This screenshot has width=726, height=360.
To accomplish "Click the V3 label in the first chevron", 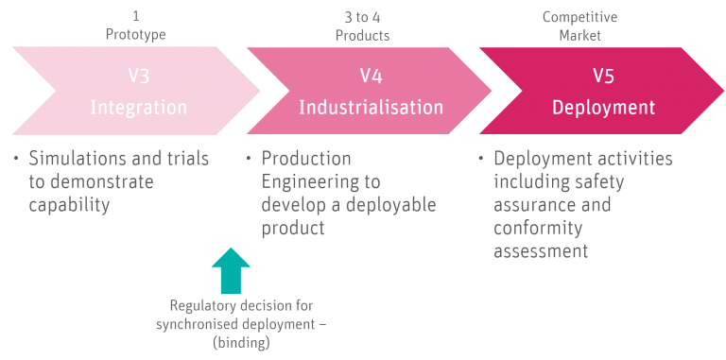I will pyautogui.click(x=138, y=76).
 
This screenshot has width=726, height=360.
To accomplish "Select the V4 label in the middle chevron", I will pyautogui.click(x=370, y=76).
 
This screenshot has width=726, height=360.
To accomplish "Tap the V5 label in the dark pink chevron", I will pyautogui.click(x=604, y=76).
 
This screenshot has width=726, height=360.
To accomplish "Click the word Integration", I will pyautogui.click(x=138, y=107).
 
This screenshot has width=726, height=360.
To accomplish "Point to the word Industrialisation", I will pyautogui.click(x=371, y=107).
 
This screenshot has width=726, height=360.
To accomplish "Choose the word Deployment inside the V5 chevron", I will pyautogui.click(x=604, y=107).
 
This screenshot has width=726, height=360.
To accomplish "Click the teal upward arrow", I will pyautogui.click(x=231, y=270).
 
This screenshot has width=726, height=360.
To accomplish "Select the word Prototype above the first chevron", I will pyautogui.click(x=136, y=34).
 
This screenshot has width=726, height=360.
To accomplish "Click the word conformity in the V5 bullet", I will pyautogui.click(x=538, y=227).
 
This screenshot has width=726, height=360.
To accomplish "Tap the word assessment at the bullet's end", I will pyautogui.click(x=541, y=250).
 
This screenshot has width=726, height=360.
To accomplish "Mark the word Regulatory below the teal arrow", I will pyautogui.click(x=203, y=306).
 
